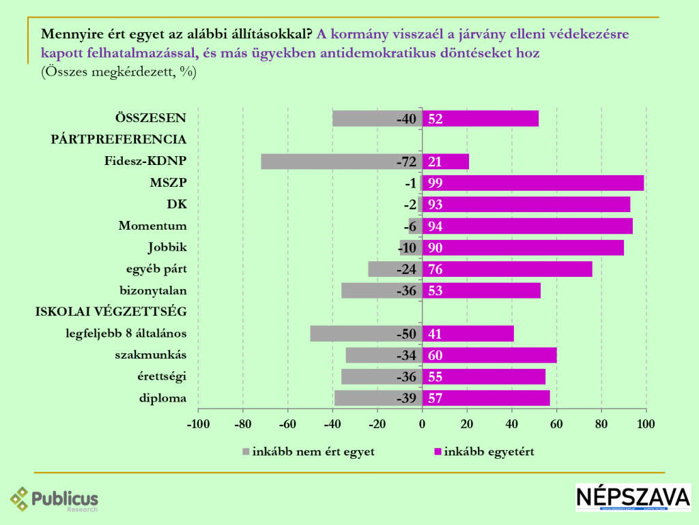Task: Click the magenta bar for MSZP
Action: coord(532,183)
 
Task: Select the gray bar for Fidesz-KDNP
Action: coord(328,162)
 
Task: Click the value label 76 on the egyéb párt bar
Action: coord(436,269)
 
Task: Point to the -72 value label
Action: coord(406,162)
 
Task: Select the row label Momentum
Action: coord(152,226)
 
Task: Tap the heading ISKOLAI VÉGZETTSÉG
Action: coord(111,312)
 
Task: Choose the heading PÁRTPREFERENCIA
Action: coord(119,139)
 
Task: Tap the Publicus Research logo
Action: coord(55,500)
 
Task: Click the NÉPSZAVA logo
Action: coord(633,497)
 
